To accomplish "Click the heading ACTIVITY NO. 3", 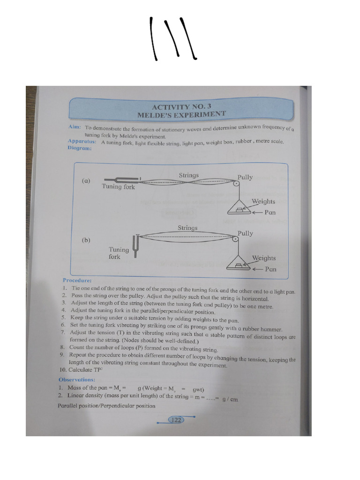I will tap(181, 107).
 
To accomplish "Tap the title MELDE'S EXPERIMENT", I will tap(181, 114).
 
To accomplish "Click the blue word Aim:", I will tap(75, 127).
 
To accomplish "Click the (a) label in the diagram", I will tap(86, 180).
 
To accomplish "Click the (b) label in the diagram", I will tap(86, 240).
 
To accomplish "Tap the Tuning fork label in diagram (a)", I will tap(118, 187).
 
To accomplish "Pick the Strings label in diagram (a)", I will tap(188, 175).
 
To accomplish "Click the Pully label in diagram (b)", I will tap(245, 233).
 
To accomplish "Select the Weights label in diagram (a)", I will tap(263, 202).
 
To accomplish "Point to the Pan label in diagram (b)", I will tap(270, 269).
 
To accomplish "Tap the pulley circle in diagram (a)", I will tap(236, 183).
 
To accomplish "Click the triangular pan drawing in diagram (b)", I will tap(239, 263).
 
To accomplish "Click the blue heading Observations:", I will tap(77, 379).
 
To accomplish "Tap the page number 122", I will tap(176, 420).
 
